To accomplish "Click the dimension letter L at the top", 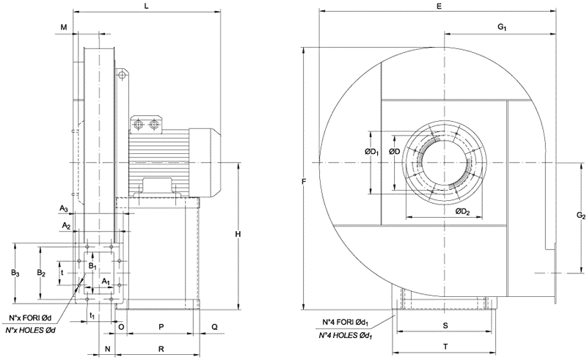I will pos(148,6).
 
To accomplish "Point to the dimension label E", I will pos(438,6).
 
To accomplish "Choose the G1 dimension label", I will pos(502,27).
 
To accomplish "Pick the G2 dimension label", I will pos(580,216).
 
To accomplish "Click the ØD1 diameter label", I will pos(371,153).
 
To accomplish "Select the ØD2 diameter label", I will pos(462,212).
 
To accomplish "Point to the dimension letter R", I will pos(161,348).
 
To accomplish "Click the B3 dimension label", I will pos(15,272).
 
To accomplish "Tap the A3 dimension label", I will pos(65,209).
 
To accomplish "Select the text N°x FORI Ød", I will pos(30,317).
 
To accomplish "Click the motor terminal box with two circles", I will pos(144,125).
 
